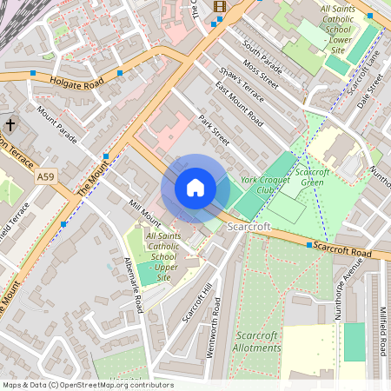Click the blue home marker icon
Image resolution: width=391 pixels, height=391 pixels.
(195, 188)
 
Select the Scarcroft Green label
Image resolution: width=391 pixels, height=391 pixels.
(311, 176)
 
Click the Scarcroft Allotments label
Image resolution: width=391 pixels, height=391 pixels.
(257, 341)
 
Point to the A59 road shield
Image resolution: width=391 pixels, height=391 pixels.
(46, 176)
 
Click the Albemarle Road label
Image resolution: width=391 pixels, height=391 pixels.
(133, 285)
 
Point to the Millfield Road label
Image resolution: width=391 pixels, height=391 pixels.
(382, 330)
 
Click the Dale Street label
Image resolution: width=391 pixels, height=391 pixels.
(369, 89)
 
